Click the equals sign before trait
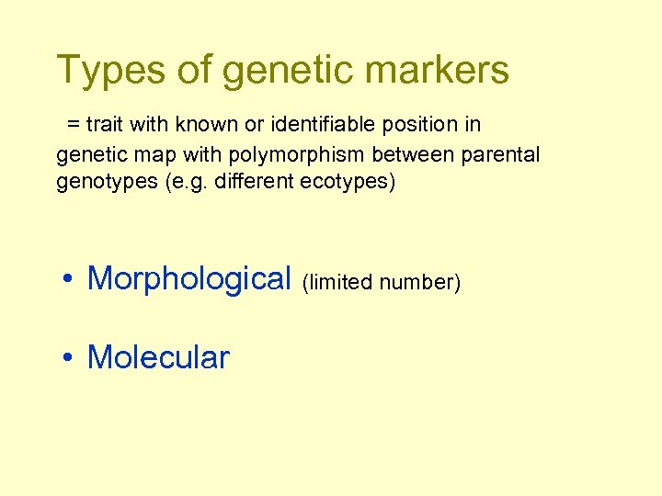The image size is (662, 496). click(71, 124)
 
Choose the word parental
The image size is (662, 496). click(501, 153)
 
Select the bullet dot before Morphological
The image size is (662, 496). click(69, 278)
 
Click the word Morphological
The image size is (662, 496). click(188, 277)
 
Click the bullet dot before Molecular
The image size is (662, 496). click(69, 358)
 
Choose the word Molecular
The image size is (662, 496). click(158, 357)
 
